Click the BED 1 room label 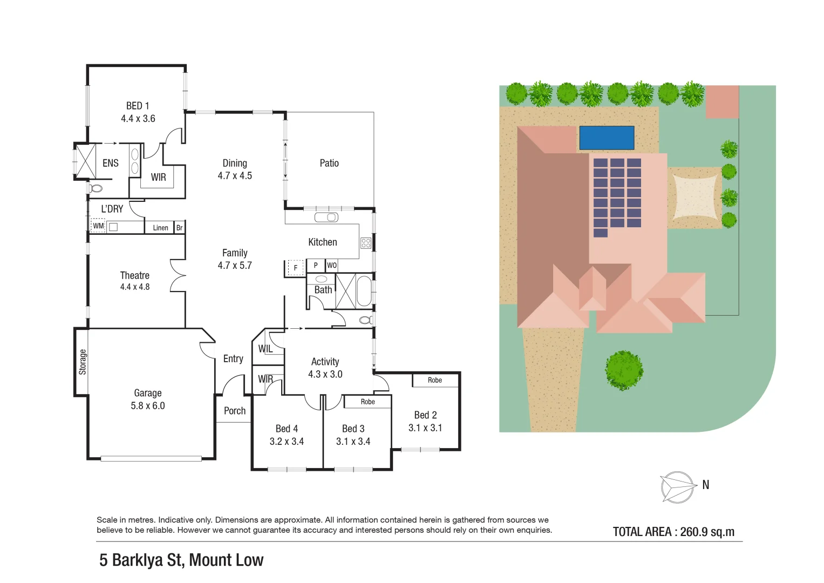138,106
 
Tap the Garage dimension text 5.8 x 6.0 147,406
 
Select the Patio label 329,163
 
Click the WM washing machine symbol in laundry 98,226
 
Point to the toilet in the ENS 96,188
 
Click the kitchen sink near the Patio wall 326,218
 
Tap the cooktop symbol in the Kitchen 366,243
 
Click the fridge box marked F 295,268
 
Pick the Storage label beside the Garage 83,362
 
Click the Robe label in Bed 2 435,380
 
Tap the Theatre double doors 178,276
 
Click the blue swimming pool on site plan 607,138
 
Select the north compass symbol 677,487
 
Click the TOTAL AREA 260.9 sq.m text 673,532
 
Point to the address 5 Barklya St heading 181,560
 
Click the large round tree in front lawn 624,370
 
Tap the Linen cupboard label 160,228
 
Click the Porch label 235,411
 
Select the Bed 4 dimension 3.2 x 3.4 287,442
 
